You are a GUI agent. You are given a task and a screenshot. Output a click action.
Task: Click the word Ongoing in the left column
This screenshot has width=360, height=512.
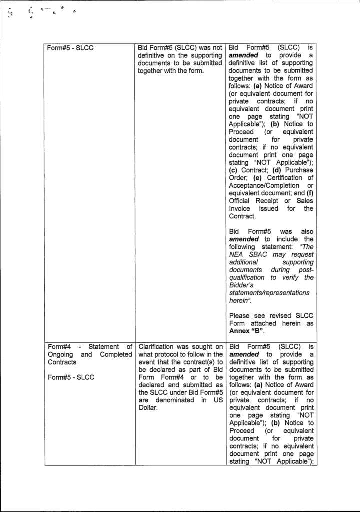pos(61,355)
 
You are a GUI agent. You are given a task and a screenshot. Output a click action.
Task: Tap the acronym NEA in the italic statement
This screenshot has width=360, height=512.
pos(237,254)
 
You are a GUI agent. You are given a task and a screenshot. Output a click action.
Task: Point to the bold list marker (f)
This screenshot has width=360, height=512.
pos(308,193)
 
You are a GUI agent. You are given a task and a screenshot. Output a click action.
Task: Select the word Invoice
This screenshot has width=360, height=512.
pos(240,209)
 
